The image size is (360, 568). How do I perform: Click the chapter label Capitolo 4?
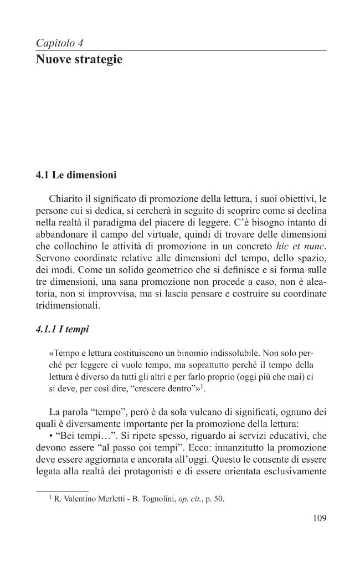click(59, 43)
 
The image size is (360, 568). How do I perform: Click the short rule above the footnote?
click(62, 490)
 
